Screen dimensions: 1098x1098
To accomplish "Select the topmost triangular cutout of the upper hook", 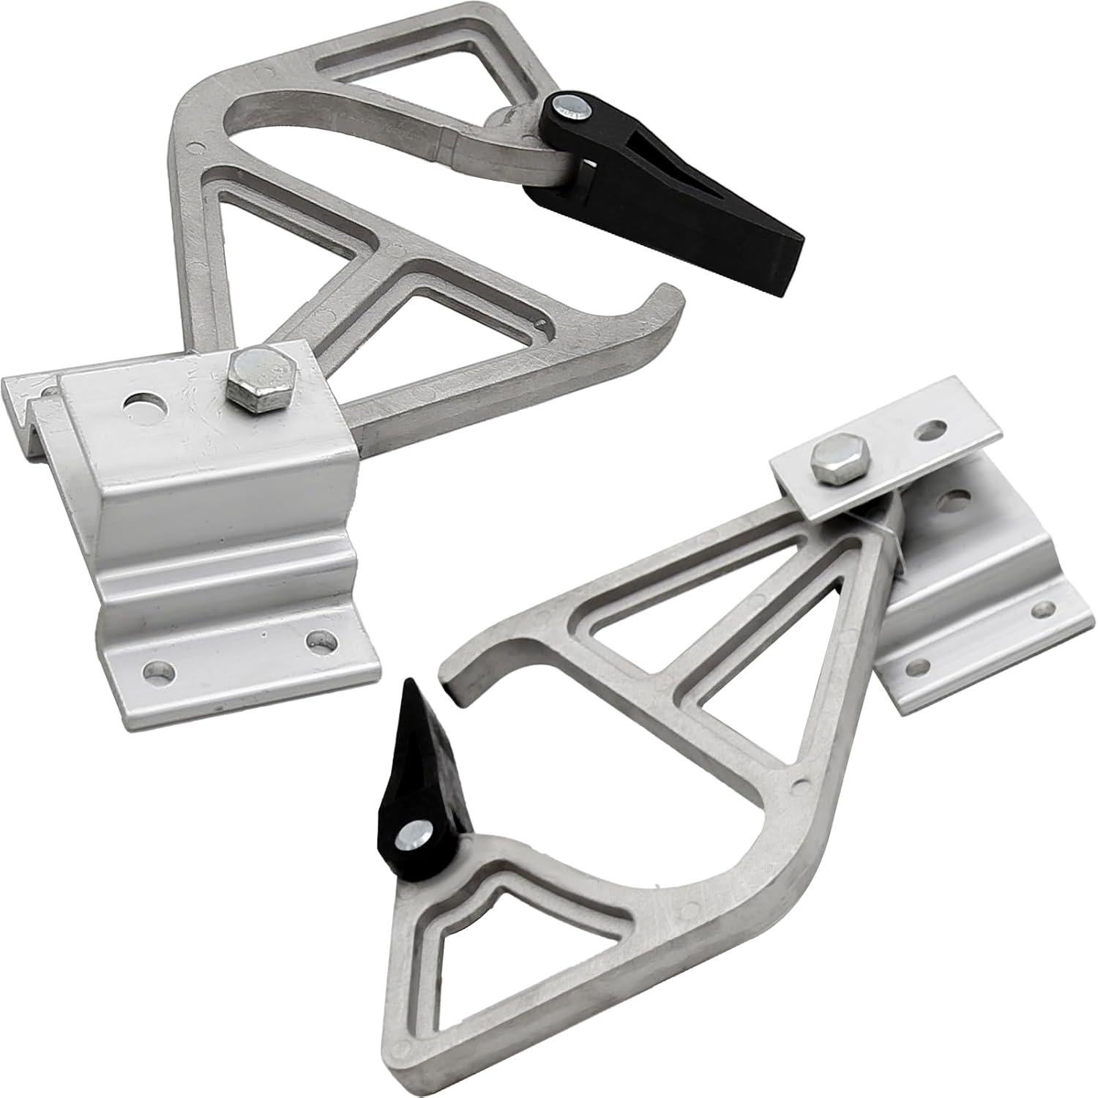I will [407, 55].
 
